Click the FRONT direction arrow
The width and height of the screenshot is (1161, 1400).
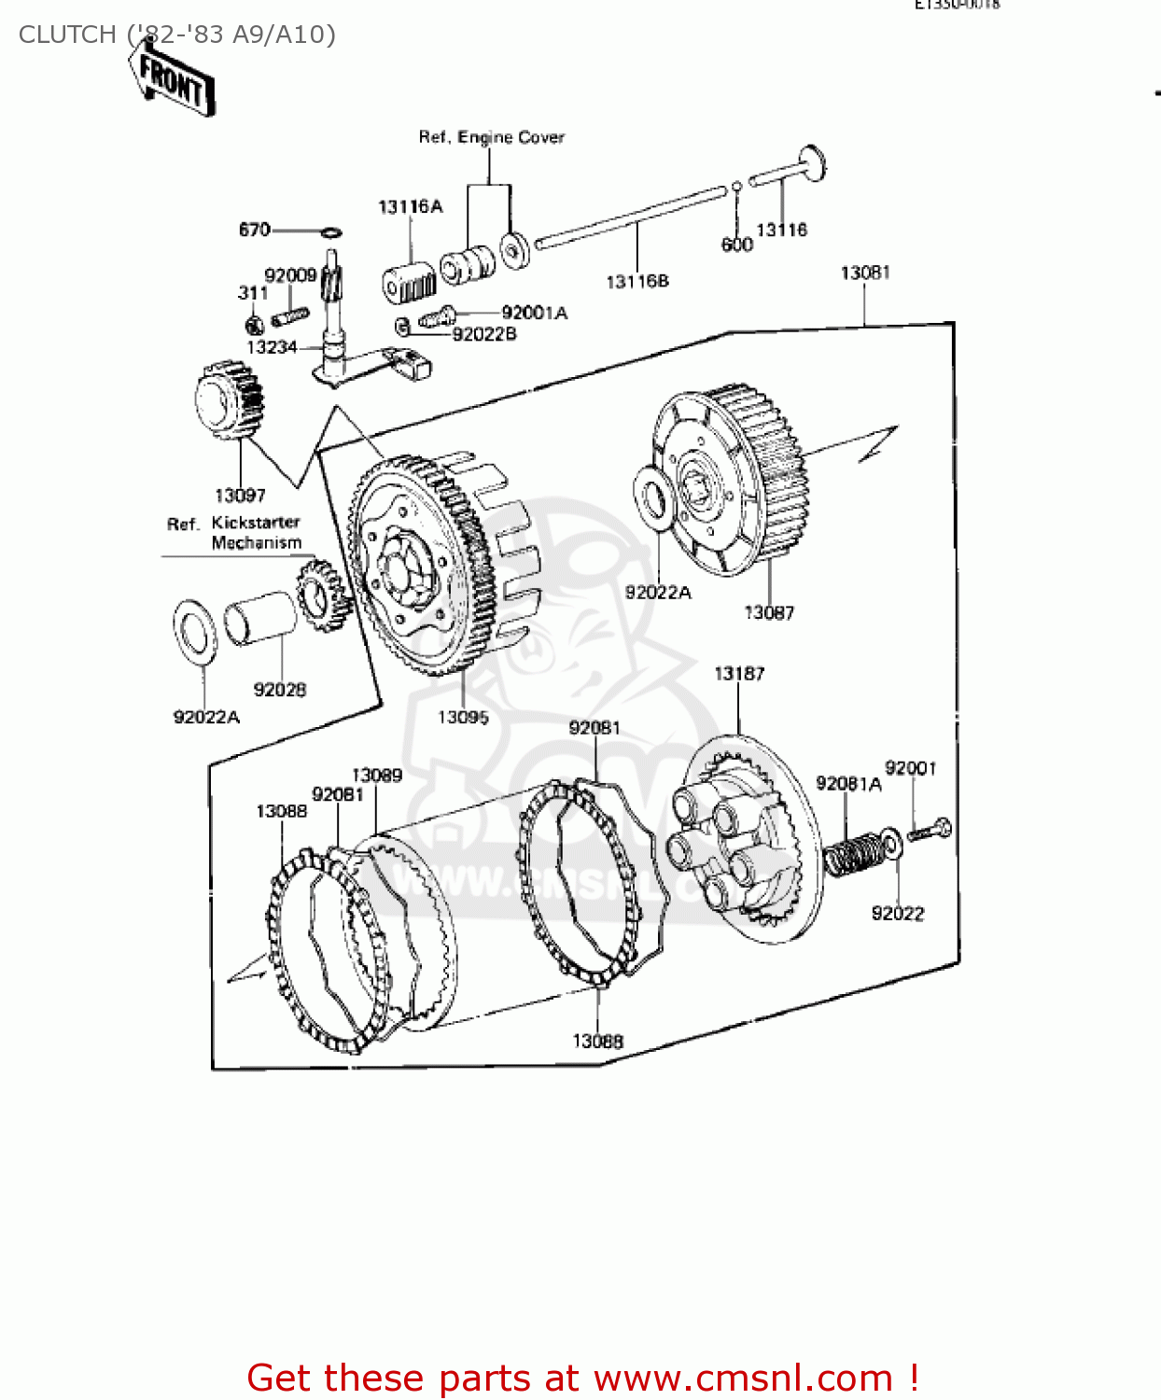174,82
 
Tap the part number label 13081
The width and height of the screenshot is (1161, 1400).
865,273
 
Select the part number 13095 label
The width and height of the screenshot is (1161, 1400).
463,717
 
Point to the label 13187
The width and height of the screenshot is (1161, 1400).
739,673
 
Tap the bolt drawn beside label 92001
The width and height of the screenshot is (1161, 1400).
930,829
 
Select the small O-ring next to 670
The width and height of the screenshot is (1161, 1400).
330,231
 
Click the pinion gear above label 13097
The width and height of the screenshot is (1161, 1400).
229,399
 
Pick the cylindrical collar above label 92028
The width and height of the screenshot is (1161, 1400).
259,617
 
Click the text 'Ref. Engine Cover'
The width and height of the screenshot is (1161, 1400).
491,137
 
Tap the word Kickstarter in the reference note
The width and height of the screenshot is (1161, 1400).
256,523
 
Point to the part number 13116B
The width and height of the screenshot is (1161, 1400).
637,281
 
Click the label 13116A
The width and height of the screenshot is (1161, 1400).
410,206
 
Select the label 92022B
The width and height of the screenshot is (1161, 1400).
484,334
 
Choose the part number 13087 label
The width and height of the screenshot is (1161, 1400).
769,612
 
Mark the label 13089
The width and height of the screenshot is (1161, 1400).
376,775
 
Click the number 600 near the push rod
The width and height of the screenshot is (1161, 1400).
736,245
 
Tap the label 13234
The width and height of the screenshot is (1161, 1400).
272,347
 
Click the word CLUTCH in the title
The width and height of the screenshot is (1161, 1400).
67,35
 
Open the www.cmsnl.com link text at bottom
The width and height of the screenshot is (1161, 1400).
743,1378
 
